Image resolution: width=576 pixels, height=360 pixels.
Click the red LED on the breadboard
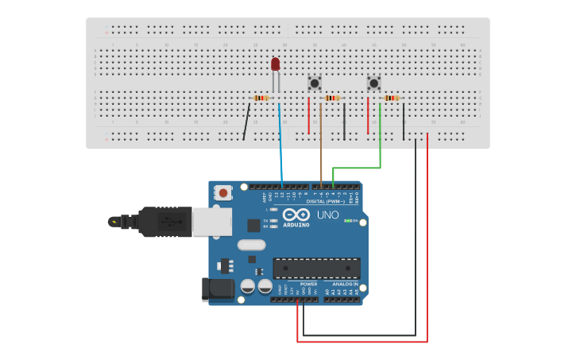click(275, 64)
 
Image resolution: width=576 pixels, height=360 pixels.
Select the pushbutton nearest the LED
click(315, 83)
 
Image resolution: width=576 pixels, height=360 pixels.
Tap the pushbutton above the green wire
click(373, 83)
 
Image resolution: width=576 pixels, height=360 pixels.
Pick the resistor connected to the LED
click(261, 98)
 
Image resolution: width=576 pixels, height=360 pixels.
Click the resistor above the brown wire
click(332, 98)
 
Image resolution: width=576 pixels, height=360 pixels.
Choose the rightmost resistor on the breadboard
click(391, 98)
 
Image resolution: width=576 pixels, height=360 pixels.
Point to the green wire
click(380, 143)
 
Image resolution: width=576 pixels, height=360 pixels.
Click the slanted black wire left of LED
click(247, 122)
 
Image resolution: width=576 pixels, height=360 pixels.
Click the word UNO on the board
click(328, 215)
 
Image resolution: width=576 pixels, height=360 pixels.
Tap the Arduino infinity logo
click(295, 215)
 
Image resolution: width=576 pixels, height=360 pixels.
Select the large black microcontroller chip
click(316, 268)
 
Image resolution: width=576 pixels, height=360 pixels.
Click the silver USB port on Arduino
click(212, 222)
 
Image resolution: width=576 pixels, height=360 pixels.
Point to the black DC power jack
click(218, 289)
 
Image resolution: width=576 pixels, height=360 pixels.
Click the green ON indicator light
click(346, 221)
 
